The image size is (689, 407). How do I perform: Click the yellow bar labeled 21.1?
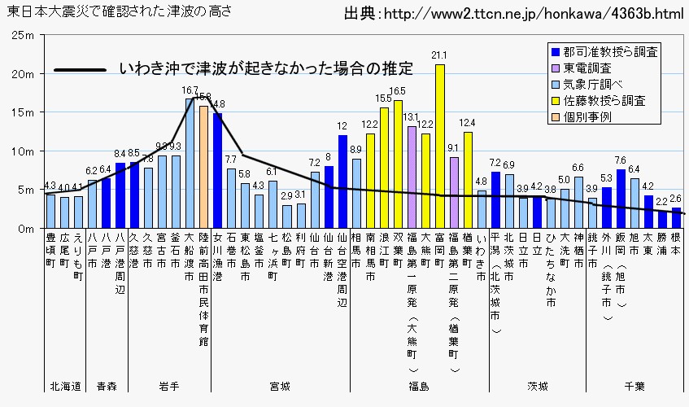[x=440, y=147]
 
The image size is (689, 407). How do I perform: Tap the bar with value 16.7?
[x=190, y=164]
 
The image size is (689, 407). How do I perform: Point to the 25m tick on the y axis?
[x=23, y=37]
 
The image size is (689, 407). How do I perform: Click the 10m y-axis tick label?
[x=23, y=151]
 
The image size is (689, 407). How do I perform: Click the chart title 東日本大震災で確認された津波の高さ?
[x=120, y=11]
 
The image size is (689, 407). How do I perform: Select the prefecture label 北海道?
[x=65, y=385]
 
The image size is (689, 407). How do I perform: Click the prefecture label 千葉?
[x=634, y=385]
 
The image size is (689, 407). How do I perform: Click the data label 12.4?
[x=468, y=123]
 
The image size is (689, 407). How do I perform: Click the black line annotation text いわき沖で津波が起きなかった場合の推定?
[x=266, y=68]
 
